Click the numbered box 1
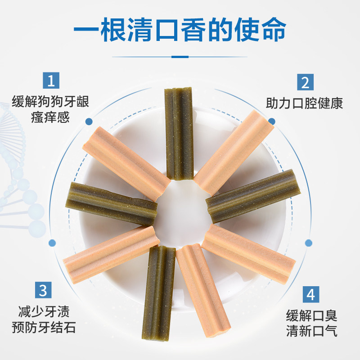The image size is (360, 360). tap(51, 81)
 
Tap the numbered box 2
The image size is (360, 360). tap(305, 83)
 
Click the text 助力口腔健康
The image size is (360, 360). tap(304, 103)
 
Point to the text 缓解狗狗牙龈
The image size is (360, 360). tap(51, 101)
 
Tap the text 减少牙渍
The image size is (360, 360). tap(43, 311)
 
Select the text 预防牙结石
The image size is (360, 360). tap(43, 327)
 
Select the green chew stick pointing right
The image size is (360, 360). tap(251, 197)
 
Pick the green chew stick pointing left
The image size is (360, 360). tap(112, 204)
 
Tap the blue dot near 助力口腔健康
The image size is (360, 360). tap(271, 121)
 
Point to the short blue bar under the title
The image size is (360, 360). tap(180, 57)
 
